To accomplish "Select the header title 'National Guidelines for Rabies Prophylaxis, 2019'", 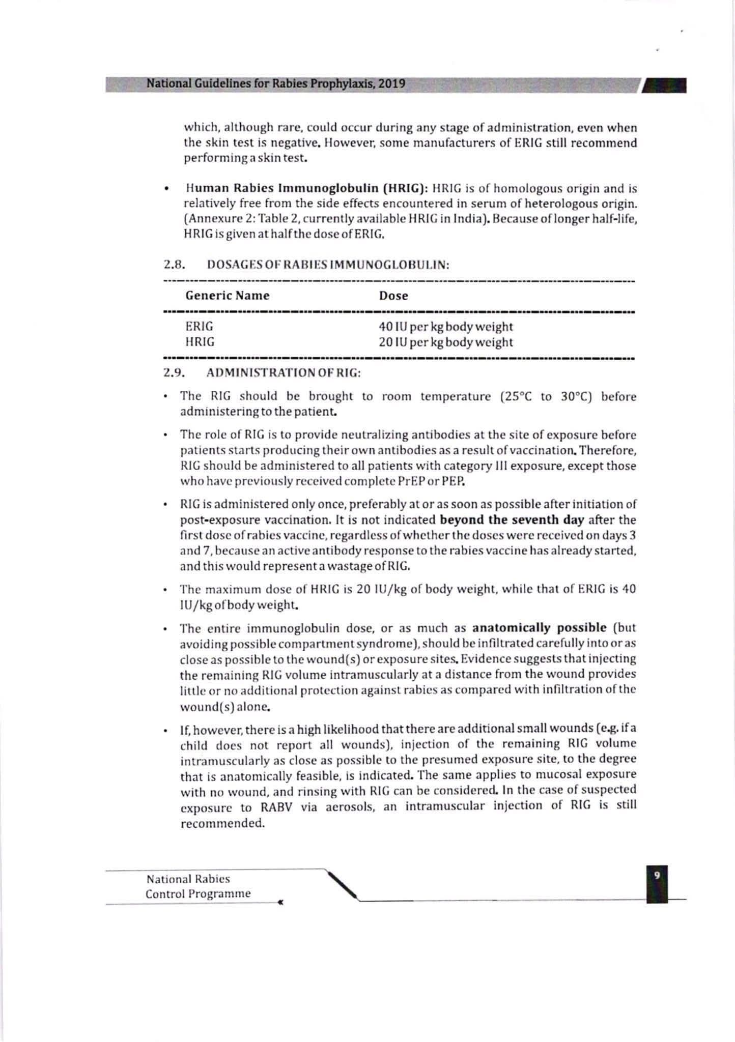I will coord(276,83).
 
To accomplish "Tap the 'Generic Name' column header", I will coord(228,296).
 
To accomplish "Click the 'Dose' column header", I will coord(393,296).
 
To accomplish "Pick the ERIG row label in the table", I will coord(199,326).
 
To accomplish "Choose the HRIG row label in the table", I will coord(200,342).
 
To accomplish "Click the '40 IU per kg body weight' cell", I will coord(446,327).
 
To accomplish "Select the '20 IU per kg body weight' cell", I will coord(446,342).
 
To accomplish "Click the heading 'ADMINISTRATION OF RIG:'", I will coord(284,373).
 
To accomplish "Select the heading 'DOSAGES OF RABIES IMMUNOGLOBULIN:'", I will coord(328,265).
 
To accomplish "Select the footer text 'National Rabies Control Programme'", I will coord(198,886).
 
